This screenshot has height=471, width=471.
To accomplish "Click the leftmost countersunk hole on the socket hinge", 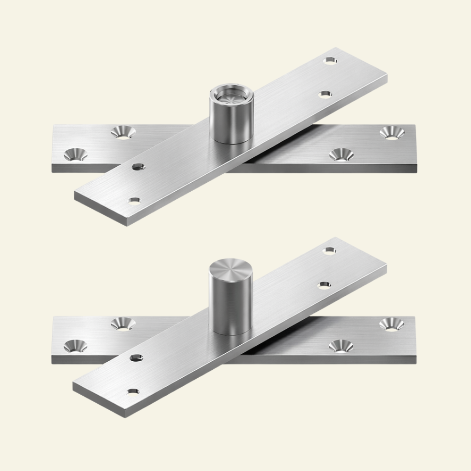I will pos(75,154).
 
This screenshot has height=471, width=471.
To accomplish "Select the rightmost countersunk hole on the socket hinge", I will pos(392,132).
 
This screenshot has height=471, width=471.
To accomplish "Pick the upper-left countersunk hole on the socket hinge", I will pos(123,132).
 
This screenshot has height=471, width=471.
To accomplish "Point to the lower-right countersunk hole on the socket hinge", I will pos(341,154).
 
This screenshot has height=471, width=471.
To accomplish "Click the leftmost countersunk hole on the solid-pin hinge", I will pos(75,346).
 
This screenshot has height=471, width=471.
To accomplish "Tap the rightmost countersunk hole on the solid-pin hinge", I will pos(392,324).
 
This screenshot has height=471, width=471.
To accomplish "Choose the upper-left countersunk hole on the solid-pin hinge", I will pos(123,324).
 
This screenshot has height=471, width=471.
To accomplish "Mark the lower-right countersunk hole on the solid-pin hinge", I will pos(341,345).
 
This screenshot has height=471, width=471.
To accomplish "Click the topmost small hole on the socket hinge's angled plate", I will pos(332,60).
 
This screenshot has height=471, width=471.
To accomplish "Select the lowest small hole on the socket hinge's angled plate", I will pos(135,201).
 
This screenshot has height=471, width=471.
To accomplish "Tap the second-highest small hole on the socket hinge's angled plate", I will pos(324,95).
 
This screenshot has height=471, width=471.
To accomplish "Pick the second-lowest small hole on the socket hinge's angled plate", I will pos(138,166).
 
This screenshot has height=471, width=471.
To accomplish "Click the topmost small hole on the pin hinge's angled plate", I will pos(332,250).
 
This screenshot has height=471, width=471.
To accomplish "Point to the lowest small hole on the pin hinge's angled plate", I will pos(134,391).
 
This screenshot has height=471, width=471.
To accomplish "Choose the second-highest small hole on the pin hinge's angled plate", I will pos(324,284).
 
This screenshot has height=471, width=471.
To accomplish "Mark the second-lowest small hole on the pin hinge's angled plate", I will pos(137,357).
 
